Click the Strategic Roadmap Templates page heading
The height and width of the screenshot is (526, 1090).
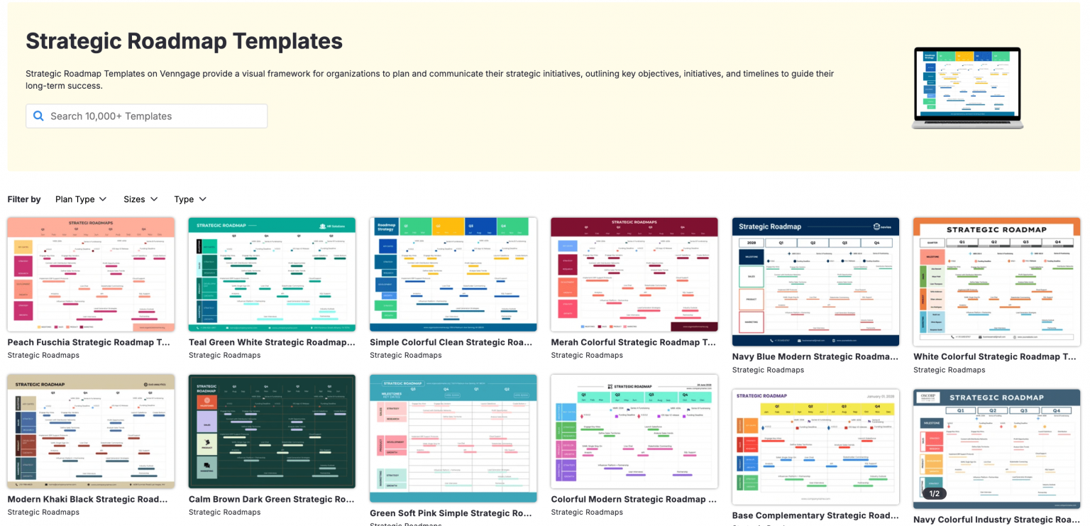[184, 41]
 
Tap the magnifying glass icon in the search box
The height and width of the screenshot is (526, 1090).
[38, 116]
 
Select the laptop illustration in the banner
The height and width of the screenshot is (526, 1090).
[967, 88]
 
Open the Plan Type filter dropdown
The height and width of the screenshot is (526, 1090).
[81, 199]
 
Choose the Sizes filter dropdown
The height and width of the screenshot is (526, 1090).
[141, 199]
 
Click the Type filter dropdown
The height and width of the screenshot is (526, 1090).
[190, 199]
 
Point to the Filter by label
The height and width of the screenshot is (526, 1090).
[24, 199]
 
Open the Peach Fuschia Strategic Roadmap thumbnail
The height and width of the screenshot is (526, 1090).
[91, 275]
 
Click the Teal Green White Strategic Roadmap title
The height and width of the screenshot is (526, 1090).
[272, 342]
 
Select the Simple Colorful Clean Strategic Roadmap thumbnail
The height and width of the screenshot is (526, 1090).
[453, 275]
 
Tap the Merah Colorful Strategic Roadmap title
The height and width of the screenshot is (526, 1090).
[634, 342]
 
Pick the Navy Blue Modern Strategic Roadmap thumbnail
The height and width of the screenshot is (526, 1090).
[815, 282]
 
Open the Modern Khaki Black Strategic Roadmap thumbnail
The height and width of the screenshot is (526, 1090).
[91, 432]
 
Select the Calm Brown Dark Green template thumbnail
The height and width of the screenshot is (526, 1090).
[272, 432]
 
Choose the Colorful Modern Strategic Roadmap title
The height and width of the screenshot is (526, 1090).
[634, 499]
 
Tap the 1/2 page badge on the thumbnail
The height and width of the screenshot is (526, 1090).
[934, 493]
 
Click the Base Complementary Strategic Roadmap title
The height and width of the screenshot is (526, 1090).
[815, 515]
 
